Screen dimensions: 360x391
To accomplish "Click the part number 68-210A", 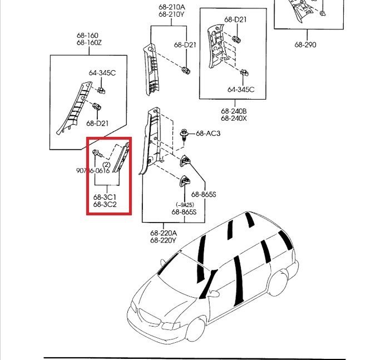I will (x=171, y=7).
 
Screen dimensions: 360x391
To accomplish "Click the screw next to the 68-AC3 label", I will (x=186, y=134).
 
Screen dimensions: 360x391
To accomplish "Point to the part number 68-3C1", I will (x=105, y=196).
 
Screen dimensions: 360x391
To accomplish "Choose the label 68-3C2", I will (x=105, y=204).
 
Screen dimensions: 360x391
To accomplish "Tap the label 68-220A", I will (x=163, y=234).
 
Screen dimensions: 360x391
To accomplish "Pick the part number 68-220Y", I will (x=163, y=241).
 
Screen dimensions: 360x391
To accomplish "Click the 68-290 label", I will (x=305, y=45).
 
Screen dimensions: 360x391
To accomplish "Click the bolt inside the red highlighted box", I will (x=97, y=152).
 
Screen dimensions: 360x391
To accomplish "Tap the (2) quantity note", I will (x=106, y=164).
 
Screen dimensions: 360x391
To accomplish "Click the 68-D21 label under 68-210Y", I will (x=185, y=45).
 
